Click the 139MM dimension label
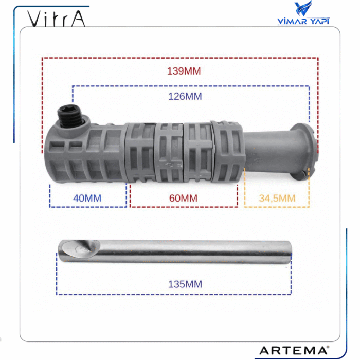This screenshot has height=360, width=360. click(184, 71)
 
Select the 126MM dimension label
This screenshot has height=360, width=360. click(185, 96)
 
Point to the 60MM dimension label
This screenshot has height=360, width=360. click(184, 197)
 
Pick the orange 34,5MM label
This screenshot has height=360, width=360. click(277, 197)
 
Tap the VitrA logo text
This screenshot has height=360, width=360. click(57, 19)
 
